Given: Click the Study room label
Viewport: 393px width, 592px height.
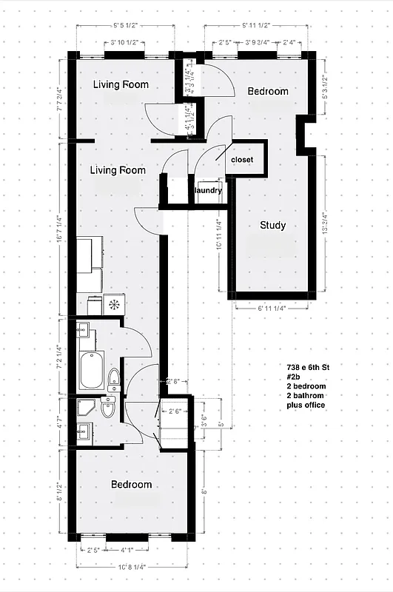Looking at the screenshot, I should (272, 226).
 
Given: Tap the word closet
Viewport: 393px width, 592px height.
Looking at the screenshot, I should (242, 160).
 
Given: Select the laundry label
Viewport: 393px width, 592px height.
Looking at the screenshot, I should (208, 191).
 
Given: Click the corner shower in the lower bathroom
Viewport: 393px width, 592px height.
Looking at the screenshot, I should (86, 408).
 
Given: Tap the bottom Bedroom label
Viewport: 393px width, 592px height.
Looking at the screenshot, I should (131, 485).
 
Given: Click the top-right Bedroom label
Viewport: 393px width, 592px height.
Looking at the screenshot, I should (267, 91).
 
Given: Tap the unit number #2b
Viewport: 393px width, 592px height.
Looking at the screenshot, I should (295, 377).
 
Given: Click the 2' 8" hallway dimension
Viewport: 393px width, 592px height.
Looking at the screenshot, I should (175, 382).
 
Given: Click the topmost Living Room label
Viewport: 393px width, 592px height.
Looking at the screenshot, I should (121, 84).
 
